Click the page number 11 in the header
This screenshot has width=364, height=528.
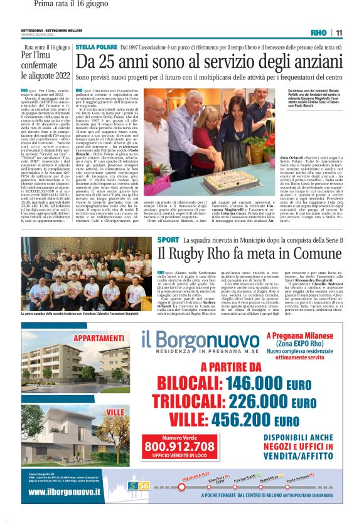click(x=339, y=33)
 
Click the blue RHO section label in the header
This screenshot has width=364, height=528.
click(x=319, y=33)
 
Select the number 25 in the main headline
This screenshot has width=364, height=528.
click(x=112, y=62)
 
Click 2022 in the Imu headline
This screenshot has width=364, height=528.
click(x=58, y=75)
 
